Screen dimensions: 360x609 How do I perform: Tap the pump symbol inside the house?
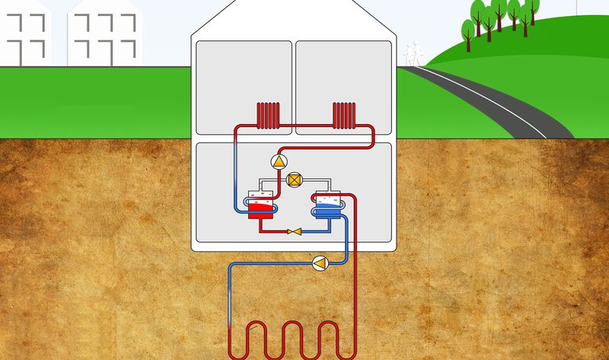pos(279,161)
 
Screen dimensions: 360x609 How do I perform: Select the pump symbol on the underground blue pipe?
pos(320,263)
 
